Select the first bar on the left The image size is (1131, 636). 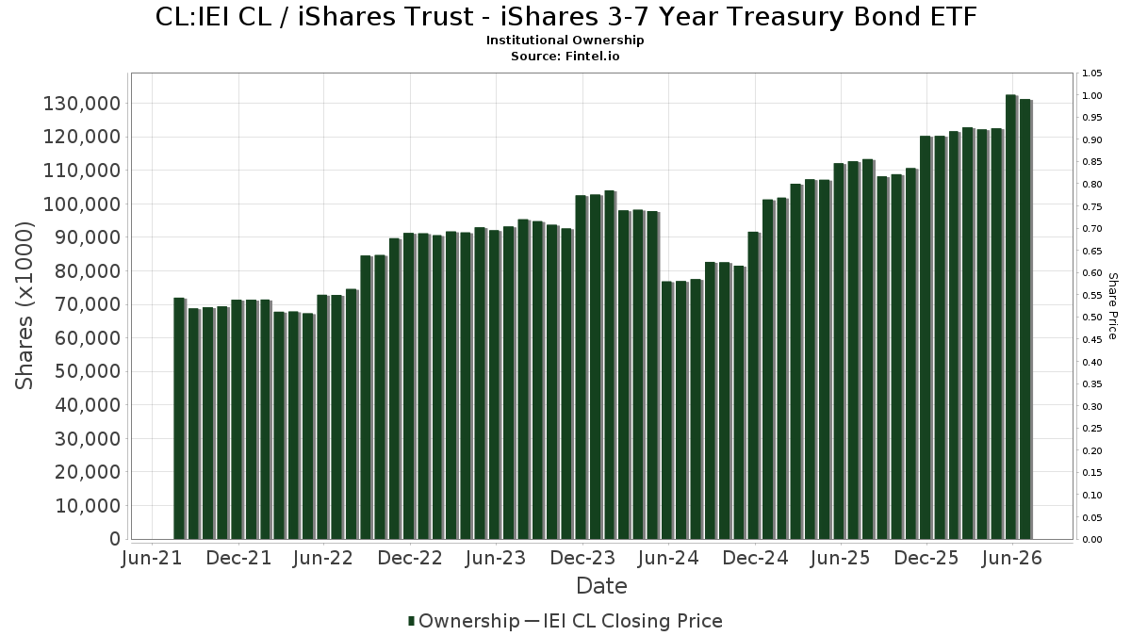179,418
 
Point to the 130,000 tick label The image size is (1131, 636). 82,104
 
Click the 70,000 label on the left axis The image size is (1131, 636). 88,304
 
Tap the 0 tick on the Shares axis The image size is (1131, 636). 115,539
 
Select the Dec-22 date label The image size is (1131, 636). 410,558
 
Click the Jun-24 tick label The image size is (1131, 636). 668,558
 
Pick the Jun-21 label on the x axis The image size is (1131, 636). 152,558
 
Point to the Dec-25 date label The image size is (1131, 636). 926,558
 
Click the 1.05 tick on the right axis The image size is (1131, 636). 1091,73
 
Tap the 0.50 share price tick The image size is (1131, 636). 1091,318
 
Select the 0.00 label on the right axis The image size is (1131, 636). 1091,539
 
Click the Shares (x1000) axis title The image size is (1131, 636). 25,306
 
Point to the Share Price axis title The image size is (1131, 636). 1112,306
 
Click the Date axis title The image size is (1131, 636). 601,586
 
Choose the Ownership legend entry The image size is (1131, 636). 464,621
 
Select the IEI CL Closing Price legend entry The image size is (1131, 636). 625,621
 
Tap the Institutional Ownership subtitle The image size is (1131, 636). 565,40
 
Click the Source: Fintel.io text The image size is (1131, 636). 565,56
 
